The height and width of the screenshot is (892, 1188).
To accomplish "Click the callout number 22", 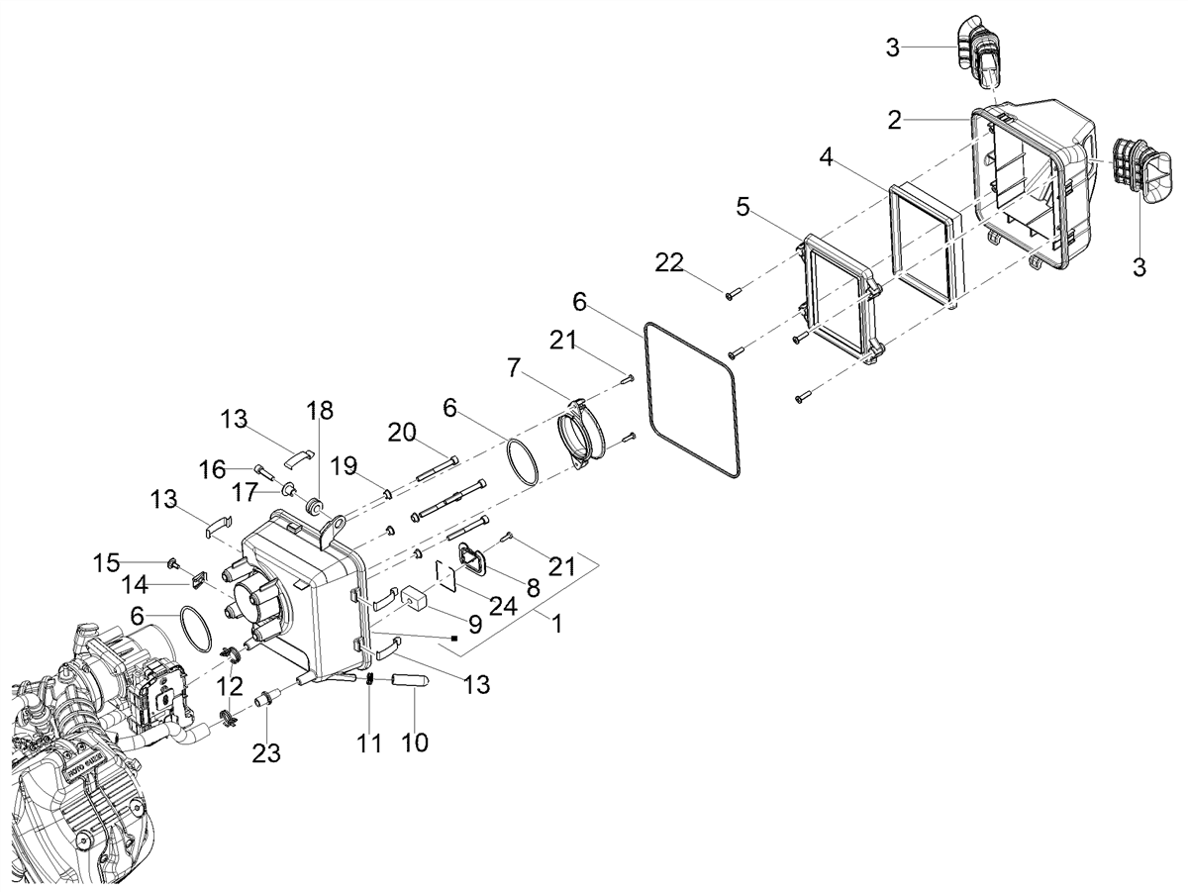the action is [669, 263].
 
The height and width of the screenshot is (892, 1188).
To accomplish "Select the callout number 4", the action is [826, 157].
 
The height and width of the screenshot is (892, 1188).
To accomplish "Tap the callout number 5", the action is [743, 207].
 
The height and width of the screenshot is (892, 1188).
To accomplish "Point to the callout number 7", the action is [515, 368].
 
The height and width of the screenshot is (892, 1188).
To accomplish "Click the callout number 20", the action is [402, 433].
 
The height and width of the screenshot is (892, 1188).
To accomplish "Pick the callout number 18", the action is [320, 410].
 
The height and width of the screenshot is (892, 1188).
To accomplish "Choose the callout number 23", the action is [266, 752].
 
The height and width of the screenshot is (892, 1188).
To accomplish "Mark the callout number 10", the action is [414, 743].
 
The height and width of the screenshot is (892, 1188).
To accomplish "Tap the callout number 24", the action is [503, 607].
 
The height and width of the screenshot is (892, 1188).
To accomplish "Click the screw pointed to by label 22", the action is [730, 294].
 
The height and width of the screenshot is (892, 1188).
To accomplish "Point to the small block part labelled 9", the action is [415, 597].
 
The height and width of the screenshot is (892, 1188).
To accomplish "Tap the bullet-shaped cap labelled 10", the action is [410, 680].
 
